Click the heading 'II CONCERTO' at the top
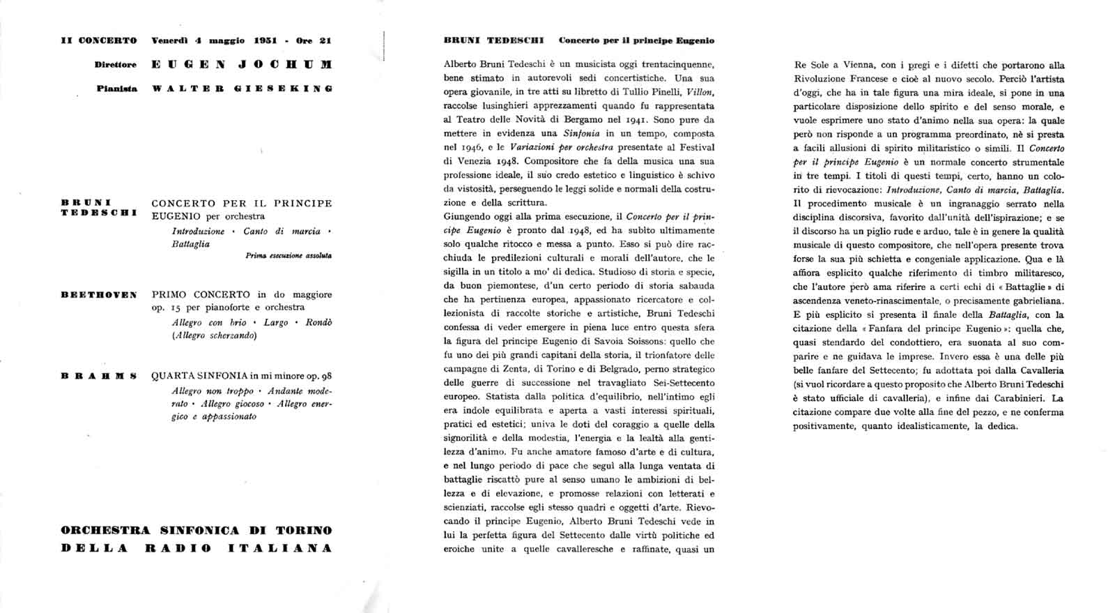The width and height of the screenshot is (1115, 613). coord(99,40)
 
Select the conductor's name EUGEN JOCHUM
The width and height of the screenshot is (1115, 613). coord(242,65)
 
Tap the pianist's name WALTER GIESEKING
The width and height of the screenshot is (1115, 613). coord(242,89)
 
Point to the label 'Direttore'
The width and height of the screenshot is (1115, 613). coord(116,65)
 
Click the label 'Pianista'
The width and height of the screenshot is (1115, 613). coord(117,89)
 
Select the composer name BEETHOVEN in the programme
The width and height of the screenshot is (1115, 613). coord(99,295)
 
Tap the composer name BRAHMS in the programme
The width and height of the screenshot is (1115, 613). coord(99,377)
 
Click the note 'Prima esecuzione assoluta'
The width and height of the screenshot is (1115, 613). coord(289,256)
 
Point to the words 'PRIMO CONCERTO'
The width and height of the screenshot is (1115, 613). coord(199,294)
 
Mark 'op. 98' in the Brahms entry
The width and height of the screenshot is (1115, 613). coord(319,377)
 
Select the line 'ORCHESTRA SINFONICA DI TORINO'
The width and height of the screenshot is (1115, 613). coord(197,530)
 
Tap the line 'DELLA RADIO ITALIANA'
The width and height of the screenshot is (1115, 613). coord(197,548)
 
